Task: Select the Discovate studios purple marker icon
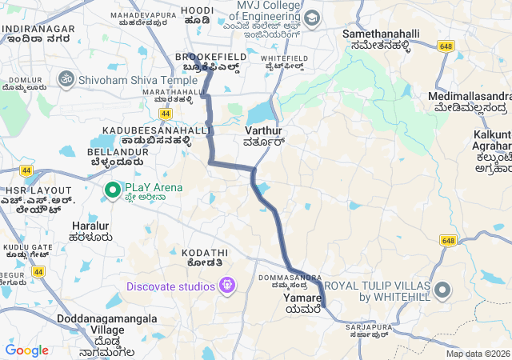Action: pos(227,285)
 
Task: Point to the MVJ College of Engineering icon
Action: pos(311,17)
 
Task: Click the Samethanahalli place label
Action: pos(376,34)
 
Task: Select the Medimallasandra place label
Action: pos(469,97)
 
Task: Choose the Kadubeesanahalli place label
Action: pos(156,130)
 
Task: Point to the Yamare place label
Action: pos(302,298)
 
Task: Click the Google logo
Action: pos(26,350)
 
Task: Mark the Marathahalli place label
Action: pos(168,92)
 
